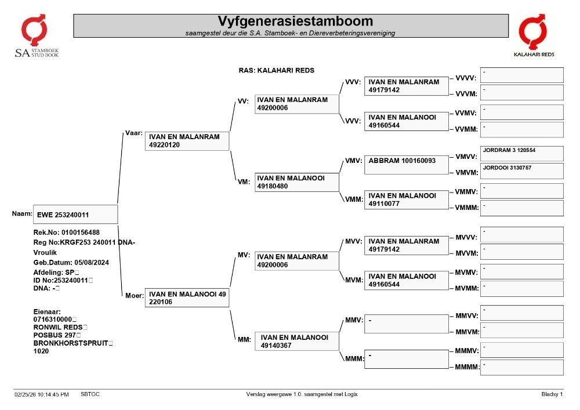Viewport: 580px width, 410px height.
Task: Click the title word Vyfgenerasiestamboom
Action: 295,21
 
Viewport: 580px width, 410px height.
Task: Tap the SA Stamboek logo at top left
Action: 36,36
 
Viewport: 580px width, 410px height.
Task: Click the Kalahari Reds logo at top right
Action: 534,35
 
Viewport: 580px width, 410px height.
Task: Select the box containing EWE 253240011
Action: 75,215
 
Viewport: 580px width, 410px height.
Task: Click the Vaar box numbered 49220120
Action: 187,141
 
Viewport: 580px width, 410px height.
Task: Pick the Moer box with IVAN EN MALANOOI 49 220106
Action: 187,297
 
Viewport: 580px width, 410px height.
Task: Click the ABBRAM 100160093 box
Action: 406,165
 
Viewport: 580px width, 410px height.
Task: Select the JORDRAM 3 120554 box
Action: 521,154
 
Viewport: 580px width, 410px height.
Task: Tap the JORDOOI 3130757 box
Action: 521,171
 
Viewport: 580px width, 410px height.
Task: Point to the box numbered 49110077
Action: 406,199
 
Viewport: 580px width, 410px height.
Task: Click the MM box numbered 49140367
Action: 296,341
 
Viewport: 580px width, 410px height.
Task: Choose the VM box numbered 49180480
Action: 296,182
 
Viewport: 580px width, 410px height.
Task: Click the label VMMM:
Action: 467,208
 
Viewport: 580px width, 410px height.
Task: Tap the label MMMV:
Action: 467,351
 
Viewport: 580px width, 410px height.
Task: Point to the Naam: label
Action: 22,213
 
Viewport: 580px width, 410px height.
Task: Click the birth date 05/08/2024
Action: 92,263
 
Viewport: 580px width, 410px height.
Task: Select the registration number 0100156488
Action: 81,233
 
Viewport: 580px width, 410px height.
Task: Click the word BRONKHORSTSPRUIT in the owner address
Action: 71,343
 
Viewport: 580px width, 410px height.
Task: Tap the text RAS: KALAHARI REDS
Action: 276,70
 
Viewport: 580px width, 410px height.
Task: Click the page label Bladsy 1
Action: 552,394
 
